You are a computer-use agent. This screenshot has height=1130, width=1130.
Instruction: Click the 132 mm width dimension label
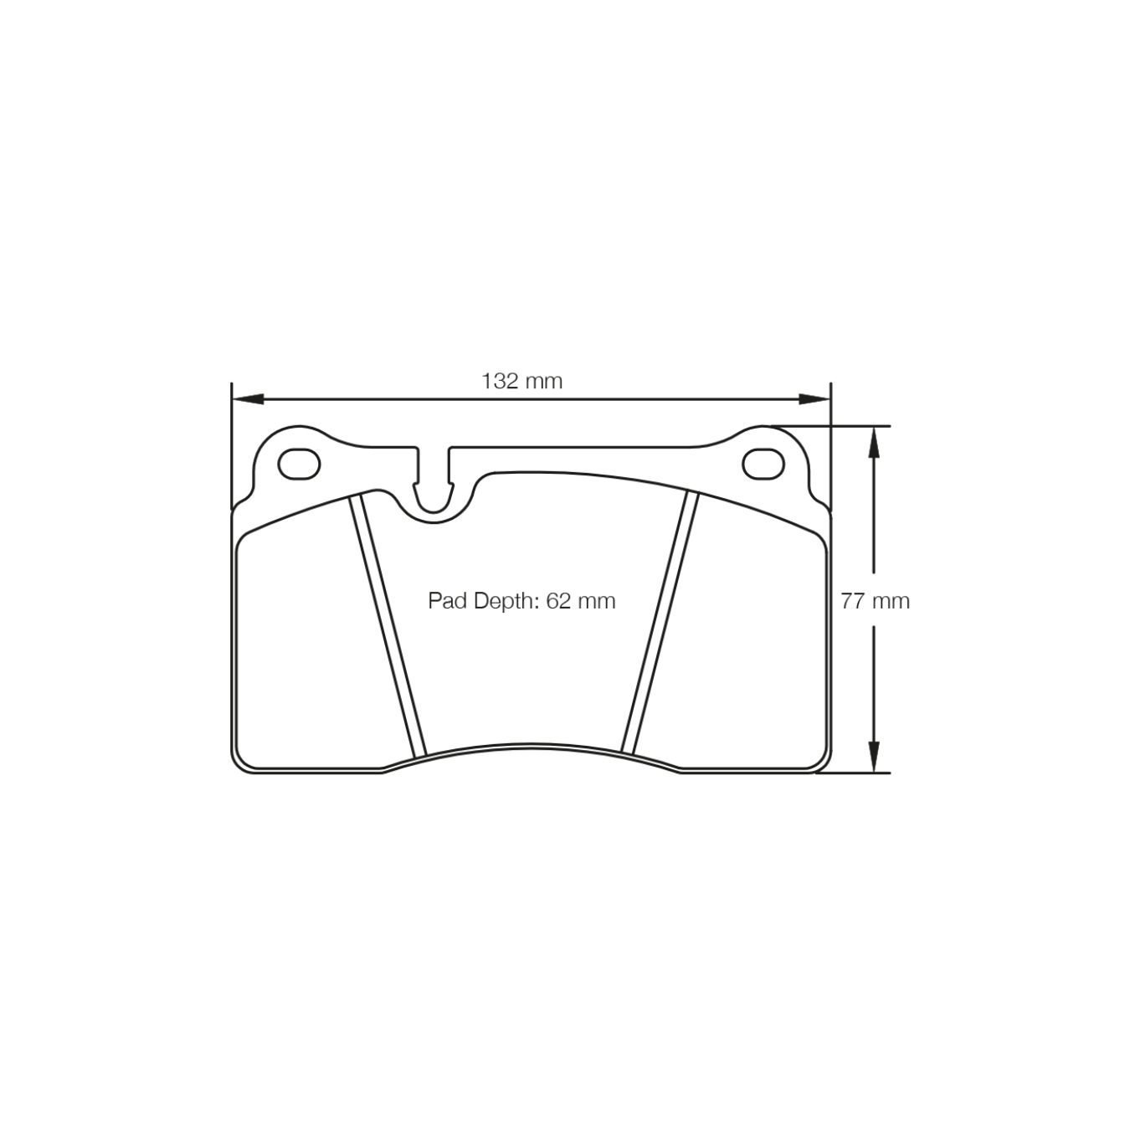coord(521,382)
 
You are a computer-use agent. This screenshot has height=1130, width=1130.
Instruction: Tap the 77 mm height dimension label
coord(875,601)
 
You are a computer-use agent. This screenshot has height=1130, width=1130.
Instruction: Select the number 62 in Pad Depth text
coord(557,601)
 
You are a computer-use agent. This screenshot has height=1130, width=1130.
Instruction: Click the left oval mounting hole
coord(299,464)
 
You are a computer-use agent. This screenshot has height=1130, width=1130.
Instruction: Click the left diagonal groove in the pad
coord(388,624)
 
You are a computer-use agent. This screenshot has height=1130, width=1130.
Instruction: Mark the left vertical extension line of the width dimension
coord(231,444)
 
